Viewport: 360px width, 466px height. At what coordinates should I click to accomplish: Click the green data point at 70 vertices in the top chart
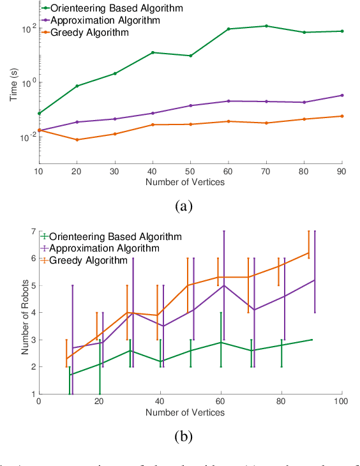coord(266,26)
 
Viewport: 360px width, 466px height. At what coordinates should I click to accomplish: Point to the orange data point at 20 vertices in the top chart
coord(77,140)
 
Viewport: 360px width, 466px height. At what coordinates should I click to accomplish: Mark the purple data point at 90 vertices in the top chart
coord(342,95)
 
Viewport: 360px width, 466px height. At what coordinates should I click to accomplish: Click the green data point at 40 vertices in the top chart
coord(153,52)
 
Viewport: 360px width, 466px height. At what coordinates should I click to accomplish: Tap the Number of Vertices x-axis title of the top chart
coord(190,183)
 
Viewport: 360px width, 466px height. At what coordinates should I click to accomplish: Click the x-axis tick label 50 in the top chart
coord(191,172)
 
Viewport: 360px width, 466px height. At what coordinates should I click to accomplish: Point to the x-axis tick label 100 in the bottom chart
coord(341,402)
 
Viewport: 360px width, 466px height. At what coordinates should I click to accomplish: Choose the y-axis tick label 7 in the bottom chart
coord(32,231)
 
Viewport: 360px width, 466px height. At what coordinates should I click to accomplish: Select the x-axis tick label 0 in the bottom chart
coord(39,402)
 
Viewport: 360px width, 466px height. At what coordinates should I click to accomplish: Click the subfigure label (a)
coord(183,206)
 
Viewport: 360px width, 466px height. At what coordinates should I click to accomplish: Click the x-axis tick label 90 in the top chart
coord(342,172)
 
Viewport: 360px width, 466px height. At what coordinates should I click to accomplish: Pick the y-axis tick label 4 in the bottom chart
coord(32,313)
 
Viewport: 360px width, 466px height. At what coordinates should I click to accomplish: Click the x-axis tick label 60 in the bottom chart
coord(220,402)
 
